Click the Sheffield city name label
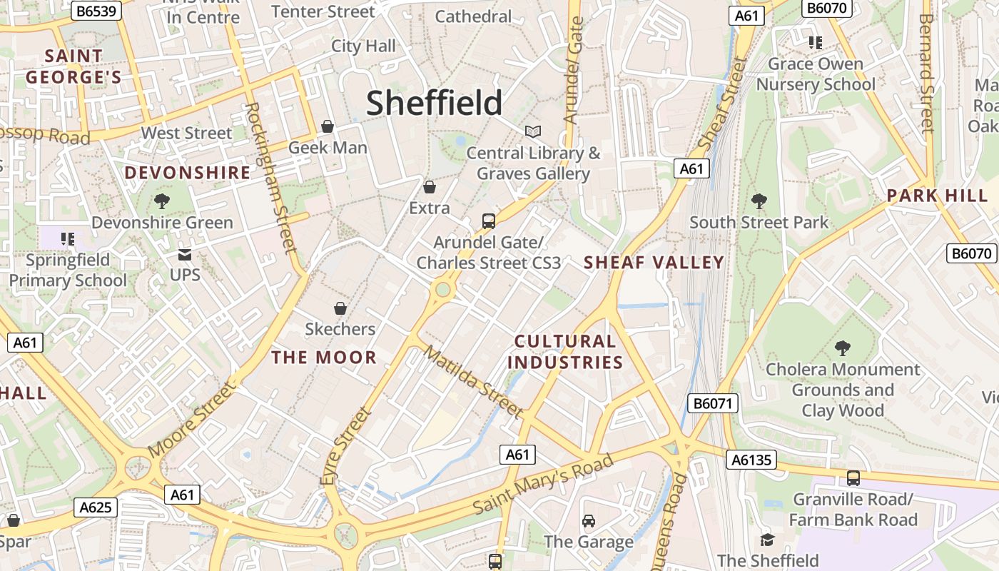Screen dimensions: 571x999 tap(434, 103)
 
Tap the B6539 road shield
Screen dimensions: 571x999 tap(98, 11)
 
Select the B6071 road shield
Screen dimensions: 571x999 tap(713, 403)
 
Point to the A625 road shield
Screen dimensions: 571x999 tap(95, 507)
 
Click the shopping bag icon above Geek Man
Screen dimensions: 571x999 tap(328, 126)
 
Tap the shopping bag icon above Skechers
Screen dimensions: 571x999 tap(340, 308)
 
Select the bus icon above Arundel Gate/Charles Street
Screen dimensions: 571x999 tap(489, 221)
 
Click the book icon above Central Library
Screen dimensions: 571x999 tap(533, 131)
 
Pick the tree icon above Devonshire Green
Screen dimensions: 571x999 tap(162, 201)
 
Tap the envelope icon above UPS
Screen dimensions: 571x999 tap(185, 254)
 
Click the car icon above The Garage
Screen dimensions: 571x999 tap(589, 521)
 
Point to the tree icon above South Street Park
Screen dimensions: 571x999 tap(759, 201)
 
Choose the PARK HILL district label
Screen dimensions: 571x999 tap(937, 196)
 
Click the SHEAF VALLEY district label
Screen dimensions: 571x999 tap(654, 262)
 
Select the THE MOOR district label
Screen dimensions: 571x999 tap(324, 358)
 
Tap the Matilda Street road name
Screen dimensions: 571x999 tap(472, 381)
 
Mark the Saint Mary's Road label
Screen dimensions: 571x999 tap(543, 483)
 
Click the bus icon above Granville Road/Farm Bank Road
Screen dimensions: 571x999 tap(853, 478)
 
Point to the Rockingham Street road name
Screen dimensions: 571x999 tap(270, 178)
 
